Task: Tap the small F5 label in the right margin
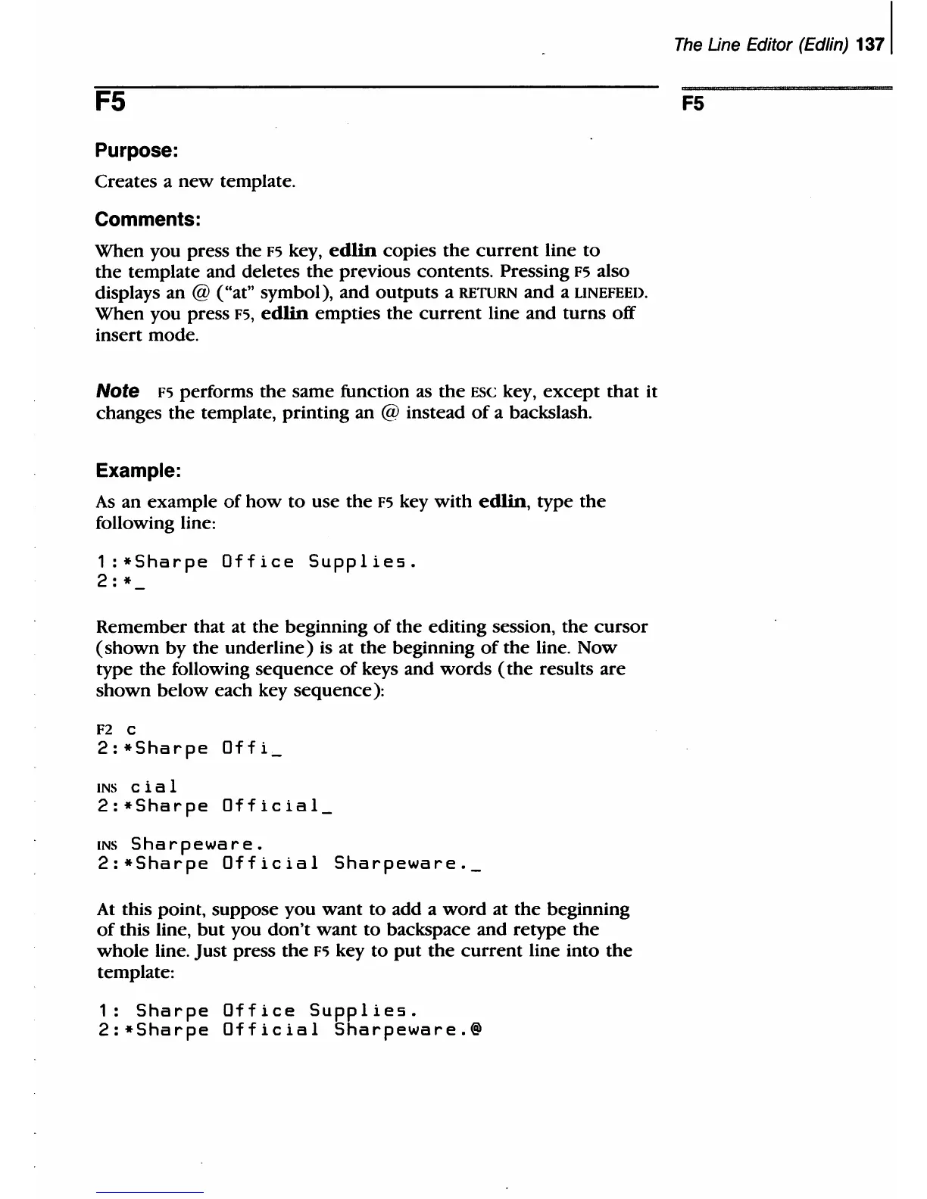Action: pyautogui.click(x=692, y=104)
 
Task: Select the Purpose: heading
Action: pyautogui.click(x=136, y=151)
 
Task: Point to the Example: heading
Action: pyautogui.click(x=138, y=471)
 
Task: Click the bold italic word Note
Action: pyautogui.click(x=117, y=391)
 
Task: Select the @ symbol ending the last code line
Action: pyautogui.click(x=476, y=1031)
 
